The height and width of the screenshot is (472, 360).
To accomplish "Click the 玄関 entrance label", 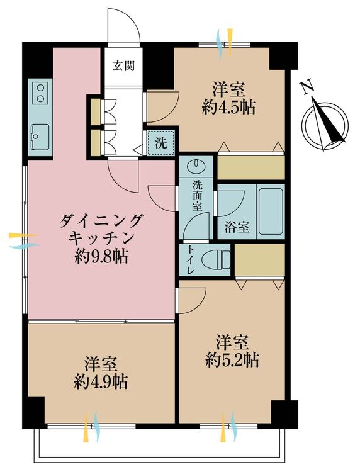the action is point(123,65).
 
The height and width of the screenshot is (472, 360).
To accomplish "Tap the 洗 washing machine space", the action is point(161,143).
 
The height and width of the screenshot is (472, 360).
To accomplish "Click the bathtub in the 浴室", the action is point(270,211).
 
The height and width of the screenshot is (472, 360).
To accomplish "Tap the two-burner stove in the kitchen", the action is point(41,93).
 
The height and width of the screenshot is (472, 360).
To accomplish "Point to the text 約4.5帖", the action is point(228,108).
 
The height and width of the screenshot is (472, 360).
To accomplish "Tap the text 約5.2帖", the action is point(232,359).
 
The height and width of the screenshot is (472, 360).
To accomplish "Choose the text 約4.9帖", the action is point(101,382).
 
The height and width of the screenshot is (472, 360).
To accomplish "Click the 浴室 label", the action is point(237,227).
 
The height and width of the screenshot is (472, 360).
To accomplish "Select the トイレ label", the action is point(191,259).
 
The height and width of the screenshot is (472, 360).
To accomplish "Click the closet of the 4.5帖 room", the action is point(250,167).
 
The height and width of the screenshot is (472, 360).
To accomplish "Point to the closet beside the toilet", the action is point(259,259).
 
